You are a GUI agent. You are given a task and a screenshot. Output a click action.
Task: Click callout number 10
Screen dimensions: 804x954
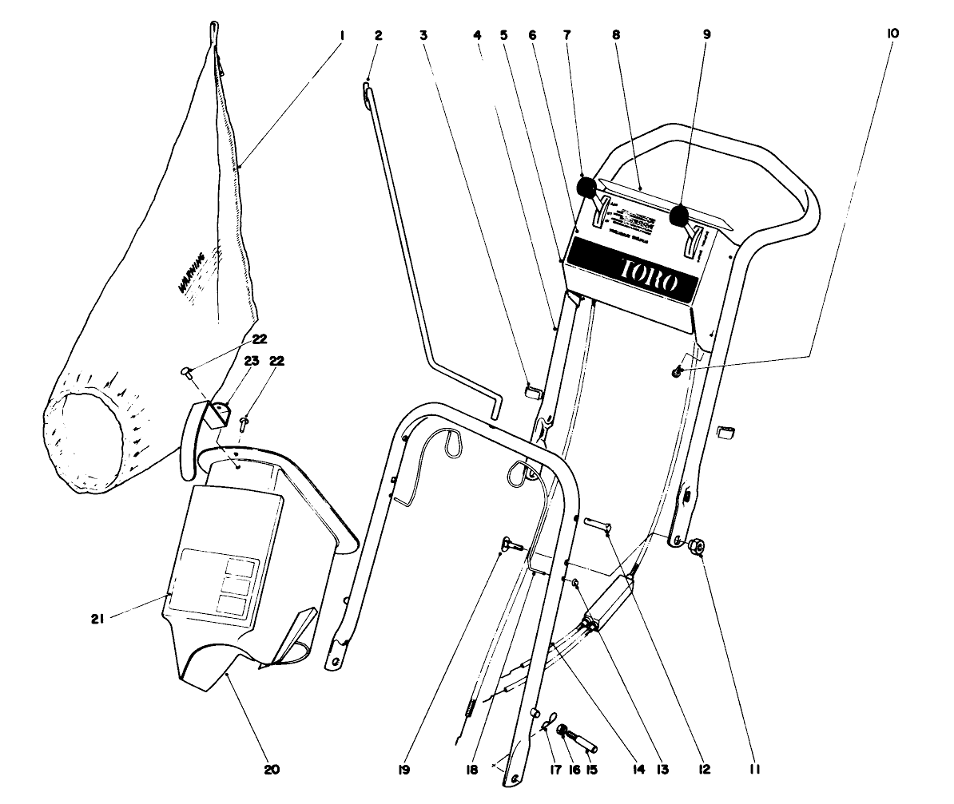coord(892,34)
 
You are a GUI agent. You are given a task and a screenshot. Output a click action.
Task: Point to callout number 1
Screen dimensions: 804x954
coord(341,36)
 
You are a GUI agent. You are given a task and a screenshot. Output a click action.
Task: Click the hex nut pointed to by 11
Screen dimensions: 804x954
coord(694,546)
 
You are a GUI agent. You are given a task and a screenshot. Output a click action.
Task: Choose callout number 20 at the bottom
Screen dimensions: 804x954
coord(272,770)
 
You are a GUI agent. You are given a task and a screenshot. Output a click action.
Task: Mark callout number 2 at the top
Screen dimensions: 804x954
coord(378,36)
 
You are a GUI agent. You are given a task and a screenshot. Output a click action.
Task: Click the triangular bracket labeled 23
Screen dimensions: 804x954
coord(221,413)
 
